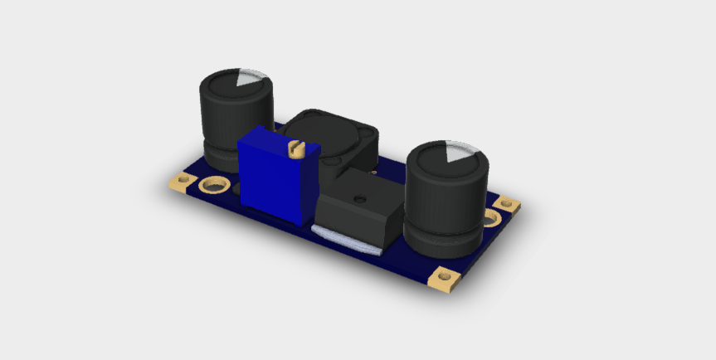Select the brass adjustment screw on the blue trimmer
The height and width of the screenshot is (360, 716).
294,148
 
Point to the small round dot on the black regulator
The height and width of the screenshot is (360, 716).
358,199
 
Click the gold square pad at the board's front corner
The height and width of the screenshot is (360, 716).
445,278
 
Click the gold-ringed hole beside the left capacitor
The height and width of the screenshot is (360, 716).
214,183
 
